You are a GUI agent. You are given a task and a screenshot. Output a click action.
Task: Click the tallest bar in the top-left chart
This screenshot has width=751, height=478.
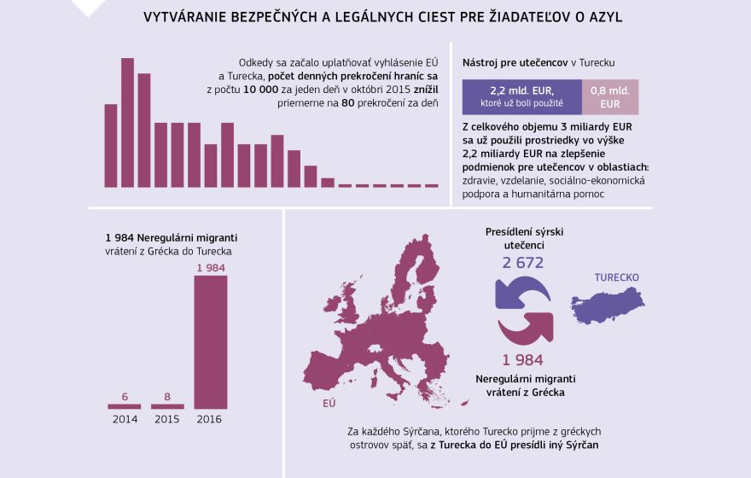click(x=127, y=122)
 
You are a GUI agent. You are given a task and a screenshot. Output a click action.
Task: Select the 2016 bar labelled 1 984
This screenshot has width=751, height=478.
click(x=211, y=341)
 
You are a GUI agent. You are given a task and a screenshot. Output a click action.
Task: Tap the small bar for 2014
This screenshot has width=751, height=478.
click(x=125, y=406)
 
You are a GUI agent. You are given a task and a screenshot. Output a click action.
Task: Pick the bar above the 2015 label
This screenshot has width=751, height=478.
click(x=167, y=406)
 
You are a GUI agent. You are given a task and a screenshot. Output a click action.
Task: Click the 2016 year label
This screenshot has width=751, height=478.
click(x=211, y=419)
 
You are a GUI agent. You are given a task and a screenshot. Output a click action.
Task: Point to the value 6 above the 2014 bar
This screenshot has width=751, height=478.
click(x=125, y=396)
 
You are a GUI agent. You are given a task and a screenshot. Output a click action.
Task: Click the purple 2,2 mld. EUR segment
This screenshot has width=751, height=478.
click(x=521, y=97)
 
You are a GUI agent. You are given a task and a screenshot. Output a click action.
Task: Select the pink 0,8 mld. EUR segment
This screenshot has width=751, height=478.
click(x=609, y=97)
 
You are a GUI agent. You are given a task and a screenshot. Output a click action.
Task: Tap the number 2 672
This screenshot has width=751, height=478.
click(x=522, y=263)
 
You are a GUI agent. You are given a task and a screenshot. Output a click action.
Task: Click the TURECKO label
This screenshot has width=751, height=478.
click(x=616, y=277)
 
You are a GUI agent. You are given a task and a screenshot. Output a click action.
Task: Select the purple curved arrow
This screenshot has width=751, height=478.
click(x=515, y=293)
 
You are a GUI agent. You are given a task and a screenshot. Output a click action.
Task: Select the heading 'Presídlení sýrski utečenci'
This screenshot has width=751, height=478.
click(x=524, y=238)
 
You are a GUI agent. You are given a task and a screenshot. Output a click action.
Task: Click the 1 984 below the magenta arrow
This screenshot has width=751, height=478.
click(x=522, y=360)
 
